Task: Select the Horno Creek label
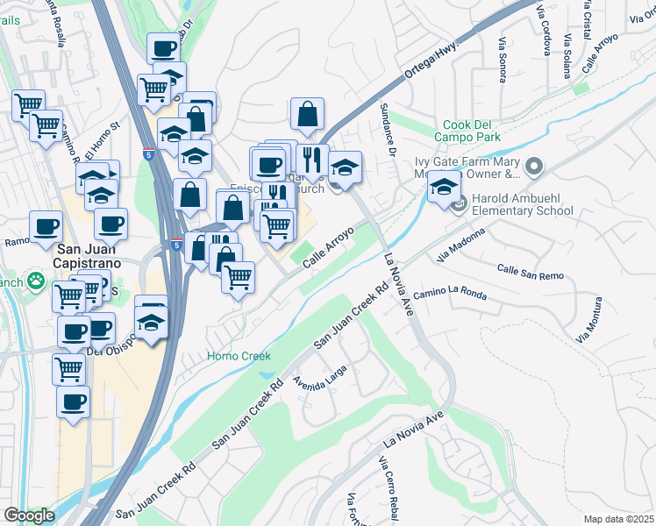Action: [x=239, y=356]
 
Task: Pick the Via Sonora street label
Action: [x=503, y=60]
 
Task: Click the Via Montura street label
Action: [x=589, y=320]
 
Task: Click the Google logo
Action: [x=29, y=515]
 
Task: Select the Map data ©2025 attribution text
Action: [x=617, y=519]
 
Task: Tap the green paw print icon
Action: [x=35, y=281]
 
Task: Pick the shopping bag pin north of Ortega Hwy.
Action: [x=308, y=114]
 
